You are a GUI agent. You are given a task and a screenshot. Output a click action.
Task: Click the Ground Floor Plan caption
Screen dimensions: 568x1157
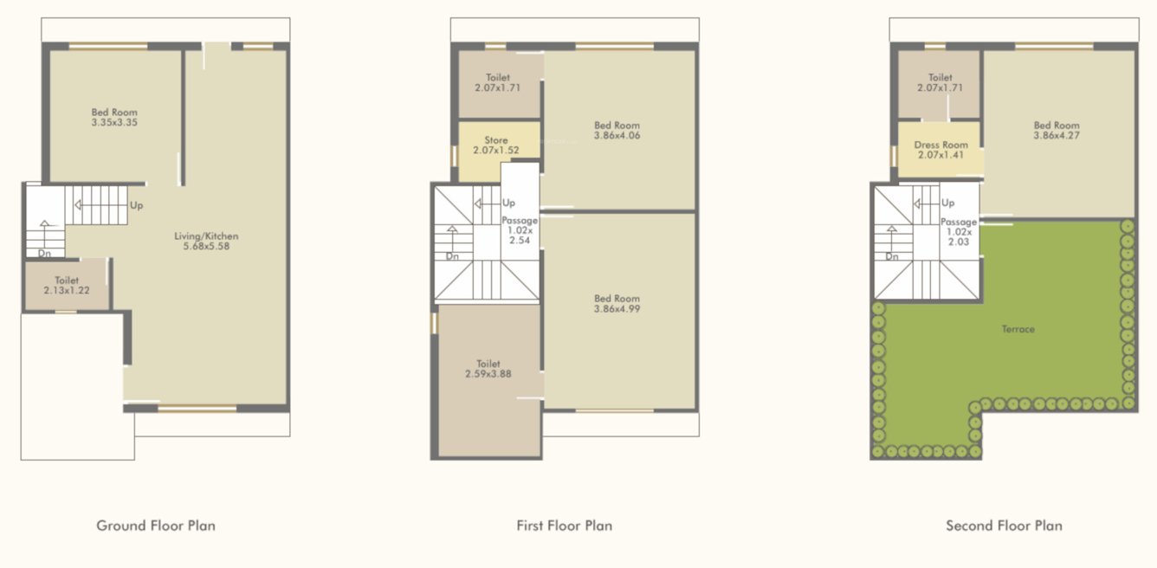[x=156, y=525]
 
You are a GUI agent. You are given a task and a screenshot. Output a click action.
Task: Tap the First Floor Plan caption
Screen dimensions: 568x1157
[x=564, y=525]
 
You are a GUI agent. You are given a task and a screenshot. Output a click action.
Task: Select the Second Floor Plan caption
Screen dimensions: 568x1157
[x=1004, y=525]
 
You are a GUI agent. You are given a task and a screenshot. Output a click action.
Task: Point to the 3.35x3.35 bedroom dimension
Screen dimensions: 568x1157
[x=114, y=123]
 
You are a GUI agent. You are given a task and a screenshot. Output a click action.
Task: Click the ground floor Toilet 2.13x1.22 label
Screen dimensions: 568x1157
[x=67, y=286]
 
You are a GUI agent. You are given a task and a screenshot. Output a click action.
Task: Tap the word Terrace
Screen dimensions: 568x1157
[x=1018, y=329]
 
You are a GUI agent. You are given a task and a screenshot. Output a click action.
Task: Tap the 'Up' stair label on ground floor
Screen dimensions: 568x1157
[x=136, y=206]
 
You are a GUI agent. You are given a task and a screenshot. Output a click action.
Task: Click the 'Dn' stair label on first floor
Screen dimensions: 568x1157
[x=452, y=256]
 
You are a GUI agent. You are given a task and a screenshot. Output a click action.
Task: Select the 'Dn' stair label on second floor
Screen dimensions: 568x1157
[x=892, y=256]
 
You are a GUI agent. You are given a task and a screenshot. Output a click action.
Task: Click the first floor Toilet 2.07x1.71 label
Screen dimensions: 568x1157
[x=497, y=83]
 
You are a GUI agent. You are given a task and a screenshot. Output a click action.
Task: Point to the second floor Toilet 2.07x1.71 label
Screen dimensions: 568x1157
[x=940, y=83]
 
